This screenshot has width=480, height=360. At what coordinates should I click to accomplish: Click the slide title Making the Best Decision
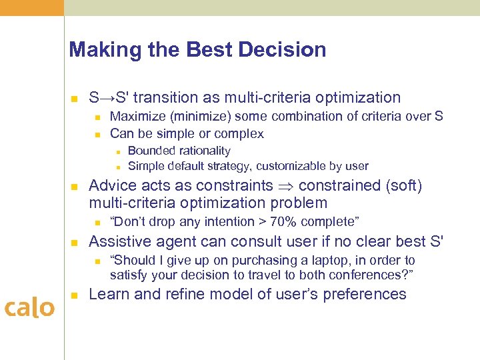[x=197, y=50]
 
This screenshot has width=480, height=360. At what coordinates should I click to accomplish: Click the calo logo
[x=30, y=307]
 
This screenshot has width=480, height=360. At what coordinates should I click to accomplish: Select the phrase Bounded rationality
[x=179, y=151]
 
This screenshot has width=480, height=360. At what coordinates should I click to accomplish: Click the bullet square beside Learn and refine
[x=75, y=295]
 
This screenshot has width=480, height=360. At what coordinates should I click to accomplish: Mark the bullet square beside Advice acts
[x=75, y=186]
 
